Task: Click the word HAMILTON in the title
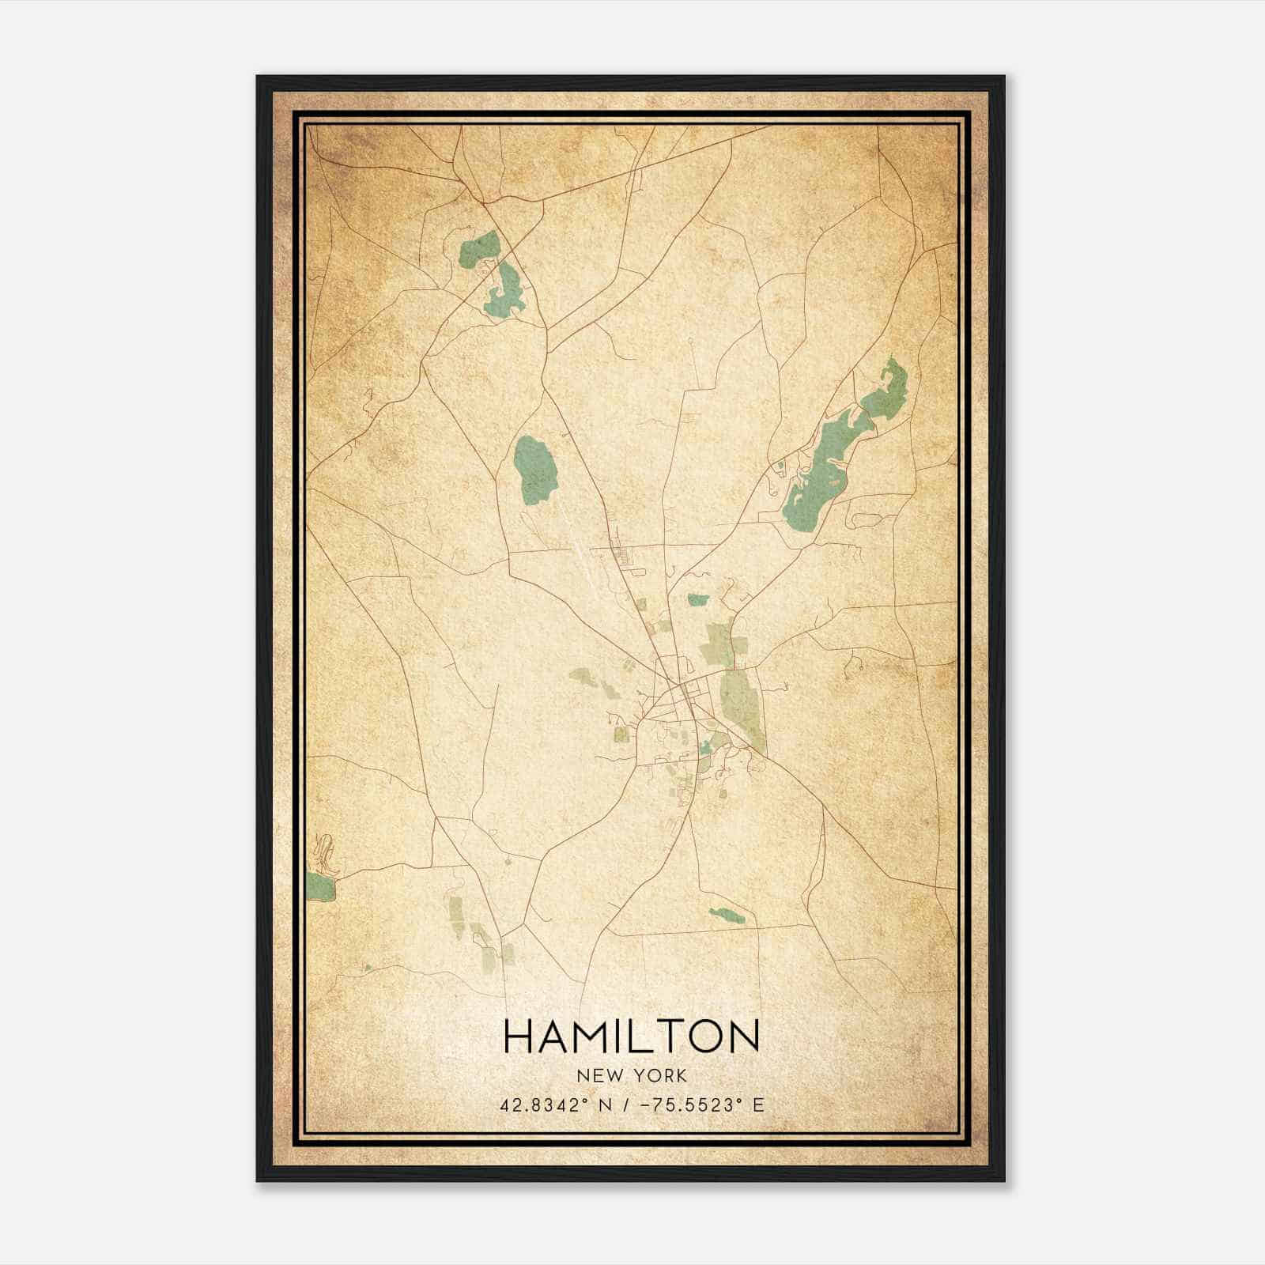[631, 1036]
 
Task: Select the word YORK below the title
[659, 1075]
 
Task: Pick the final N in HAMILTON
[743, 1036]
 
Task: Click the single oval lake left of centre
[532, 469]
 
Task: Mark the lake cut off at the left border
[320, 885]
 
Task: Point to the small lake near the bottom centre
[727, 916]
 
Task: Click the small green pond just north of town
[697, 600]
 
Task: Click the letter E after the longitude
[758, 1105]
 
